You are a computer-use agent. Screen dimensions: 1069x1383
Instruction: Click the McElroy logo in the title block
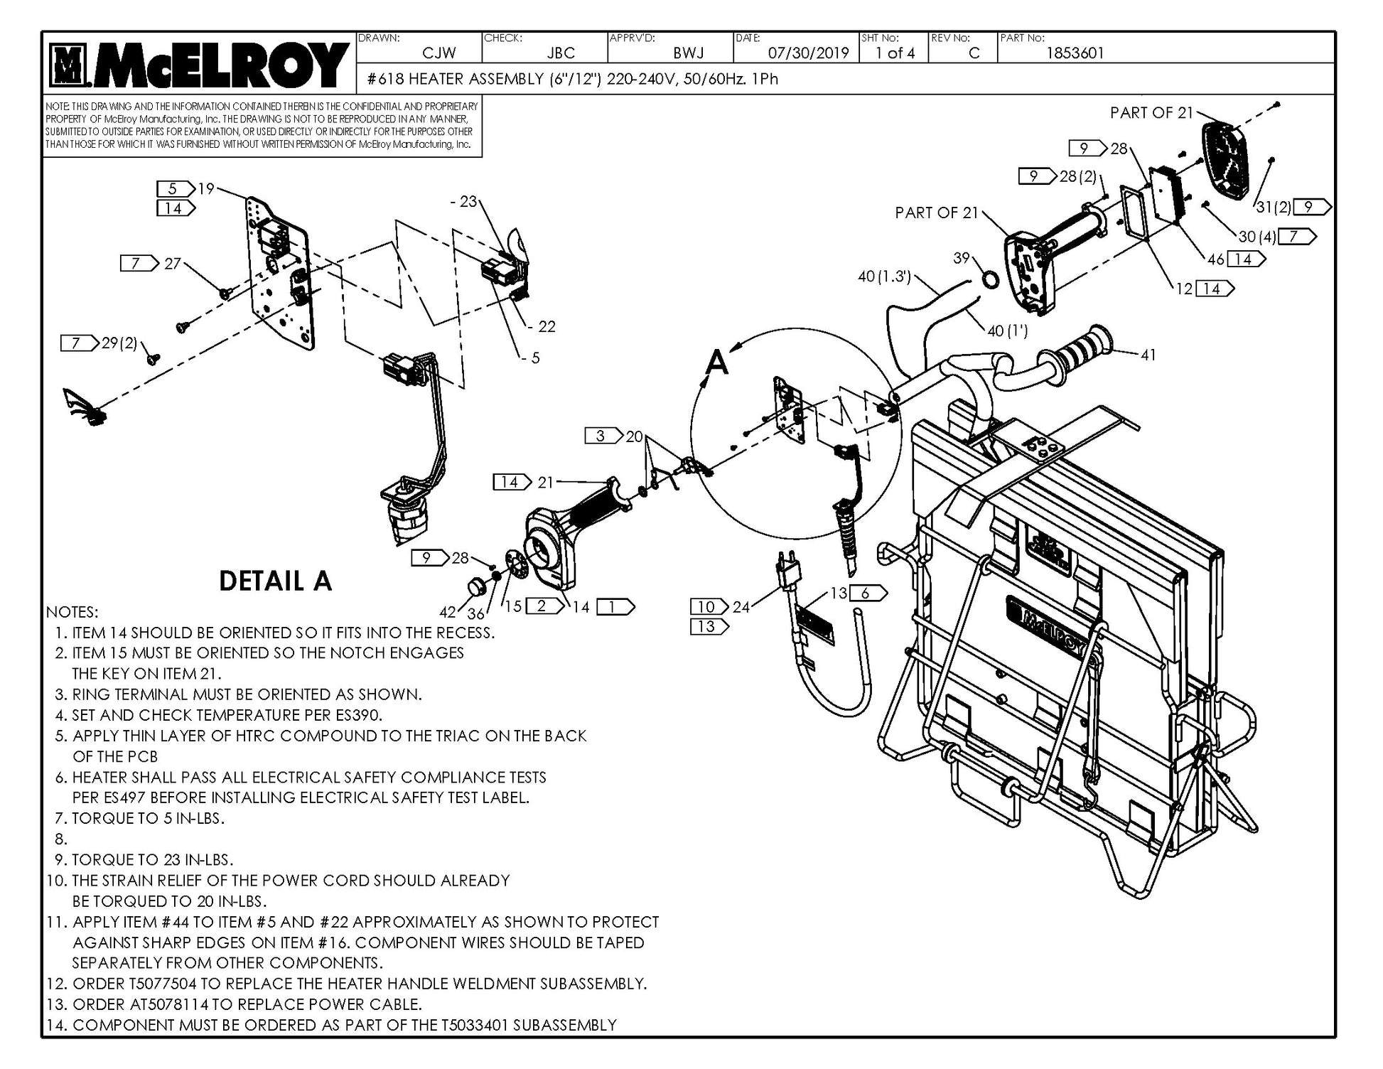click(x=200, y=65)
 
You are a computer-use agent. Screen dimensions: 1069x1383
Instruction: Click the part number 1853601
click(x=1075, y=53)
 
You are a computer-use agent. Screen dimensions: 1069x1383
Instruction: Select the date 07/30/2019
click(x=808, y=53)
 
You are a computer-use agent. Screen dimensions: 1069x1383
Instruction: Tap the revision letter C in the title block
click(x=974, y=53)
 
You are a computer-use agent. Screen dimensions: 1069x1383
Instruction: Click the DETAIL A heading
click(x=275, y=581)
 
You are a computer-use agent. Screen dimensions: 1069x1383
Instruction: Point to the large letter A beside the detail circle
click(x=718, y=363)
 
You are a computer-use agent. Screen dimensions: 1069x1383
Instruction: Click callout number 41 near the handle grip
click(x=1148, y=355)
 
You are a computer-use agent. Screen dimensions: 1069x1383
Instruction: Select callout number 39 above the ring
click(x=961, y=258)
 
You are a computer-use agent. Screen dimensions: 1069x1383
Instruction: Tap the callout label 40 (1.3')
click(x=885, y=276)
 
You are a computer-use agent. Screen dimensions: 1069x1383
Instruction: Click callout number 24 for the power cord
click(x=741, y=606)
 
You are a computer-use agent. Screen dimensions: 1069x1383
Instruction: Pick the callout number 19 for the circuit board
click(x=206, y=188)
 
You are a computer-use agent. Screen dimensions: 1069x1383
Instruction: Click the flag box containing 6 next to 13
click(x=867, y=593)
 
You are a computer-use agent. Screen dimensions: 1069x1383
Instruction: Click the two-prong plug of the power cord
click(x=788, y=569)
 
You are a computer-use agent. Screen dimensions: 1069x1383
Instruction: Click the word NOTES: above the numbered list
click(x=72, y=612)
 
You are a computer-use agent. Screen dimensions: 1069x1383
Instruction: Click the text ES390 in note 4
click(x=360, y=715)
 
